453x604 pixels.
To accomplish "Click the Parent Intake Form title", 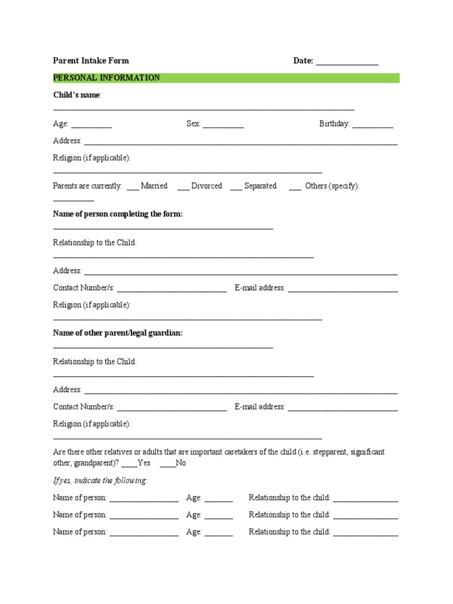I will (91, 60).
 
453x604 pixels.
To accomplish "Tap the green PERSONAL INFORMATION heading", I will (106, 78).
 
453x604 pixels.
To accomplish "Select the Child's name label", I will (77, 95).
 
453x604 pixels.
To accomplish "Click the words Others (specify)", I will (332, 186).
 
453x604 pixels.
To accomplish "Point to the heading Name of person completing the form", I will (118, 214).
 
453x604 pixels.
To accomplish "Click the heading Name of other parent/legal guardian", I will (118, 333).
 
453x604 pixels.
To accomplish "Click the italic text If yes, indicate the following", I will (100, 481).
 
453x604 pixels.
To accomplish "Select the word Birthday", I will (334, 124).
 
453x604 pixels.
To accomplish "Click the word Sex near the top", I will (193, 124).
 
